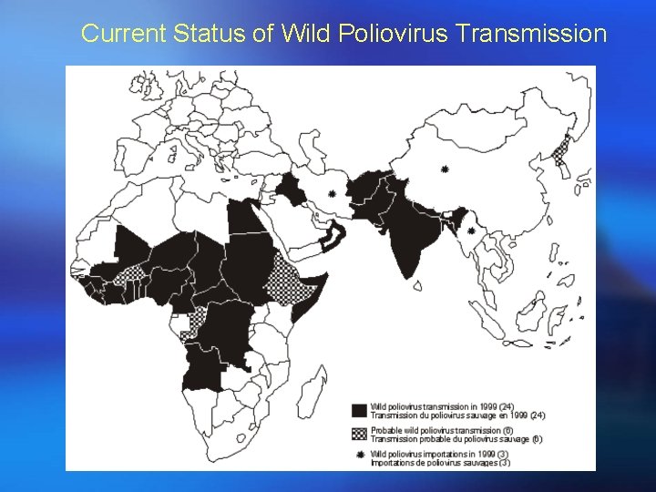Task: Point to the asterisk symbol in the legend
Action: coord(360,454)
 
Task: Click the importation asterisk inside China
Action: coord(444,169)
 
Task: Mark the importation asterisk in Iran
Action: coord(332,194)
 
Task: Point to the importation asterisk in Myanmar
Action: coord(470,231)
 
